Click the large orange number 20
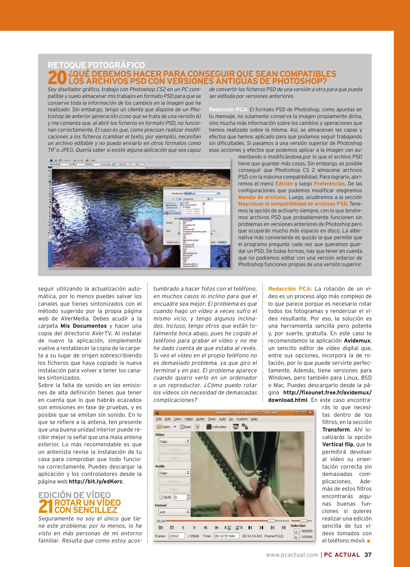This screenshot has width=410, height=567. point(57,77)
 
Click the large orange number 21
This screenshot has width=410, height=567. point(46,506)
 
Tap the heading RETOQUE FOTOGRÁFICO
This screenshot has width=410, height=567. point(96,65)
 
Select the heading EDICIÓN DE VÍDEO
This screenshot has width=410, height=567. point(74,495)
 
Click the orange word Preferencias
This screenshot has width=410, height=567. point(329,184)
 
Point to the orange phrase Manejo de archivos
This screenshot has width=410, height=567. point(262,197)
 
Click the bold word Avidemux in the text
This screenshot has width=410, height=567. point(357,341)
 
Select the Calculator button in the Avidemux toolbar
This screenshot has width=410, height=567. point(216,427)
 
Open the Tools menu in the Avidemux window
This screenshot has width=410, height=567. point(211,419)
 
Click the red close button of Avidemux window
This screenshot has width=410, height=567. point(310,412)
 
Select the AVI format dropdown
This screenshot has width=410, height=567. point(174,512)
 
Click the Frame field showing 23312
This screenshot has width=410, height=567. point(176,536)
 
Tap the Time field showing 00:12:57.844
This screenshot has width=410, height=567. point(226,536)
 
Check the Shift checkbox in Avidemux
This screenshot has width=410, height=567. point(161,497)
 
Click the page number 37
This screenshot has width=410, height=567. point(368,555)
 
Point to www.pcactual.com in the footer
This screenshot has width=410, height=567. point(292,555)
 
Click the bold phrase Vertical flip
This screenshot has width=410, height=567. point(338,444)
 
